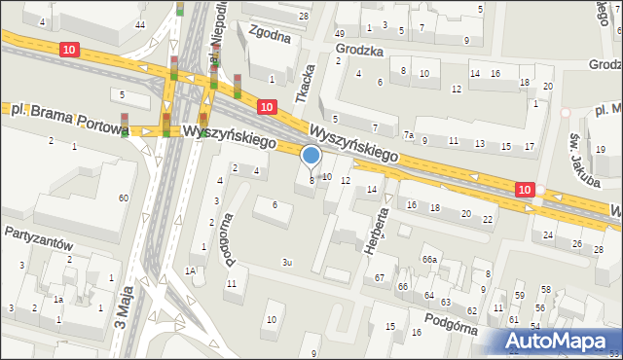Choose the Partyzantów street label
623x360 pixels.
38,234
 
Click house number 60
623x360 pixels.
123,198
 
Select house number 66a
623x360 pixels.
429,259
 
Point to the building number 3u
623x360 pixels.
286,263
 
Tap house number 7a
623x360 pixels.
410,134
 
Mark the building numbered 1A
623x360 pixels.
192,270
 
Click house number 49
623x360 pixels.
339,34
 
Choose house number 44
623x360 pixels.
141,24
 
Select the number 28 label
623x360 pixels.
304,17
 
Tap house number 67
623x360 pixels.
380,278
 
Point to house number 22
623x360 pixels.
488,219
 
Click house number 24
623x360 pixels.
549,235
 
